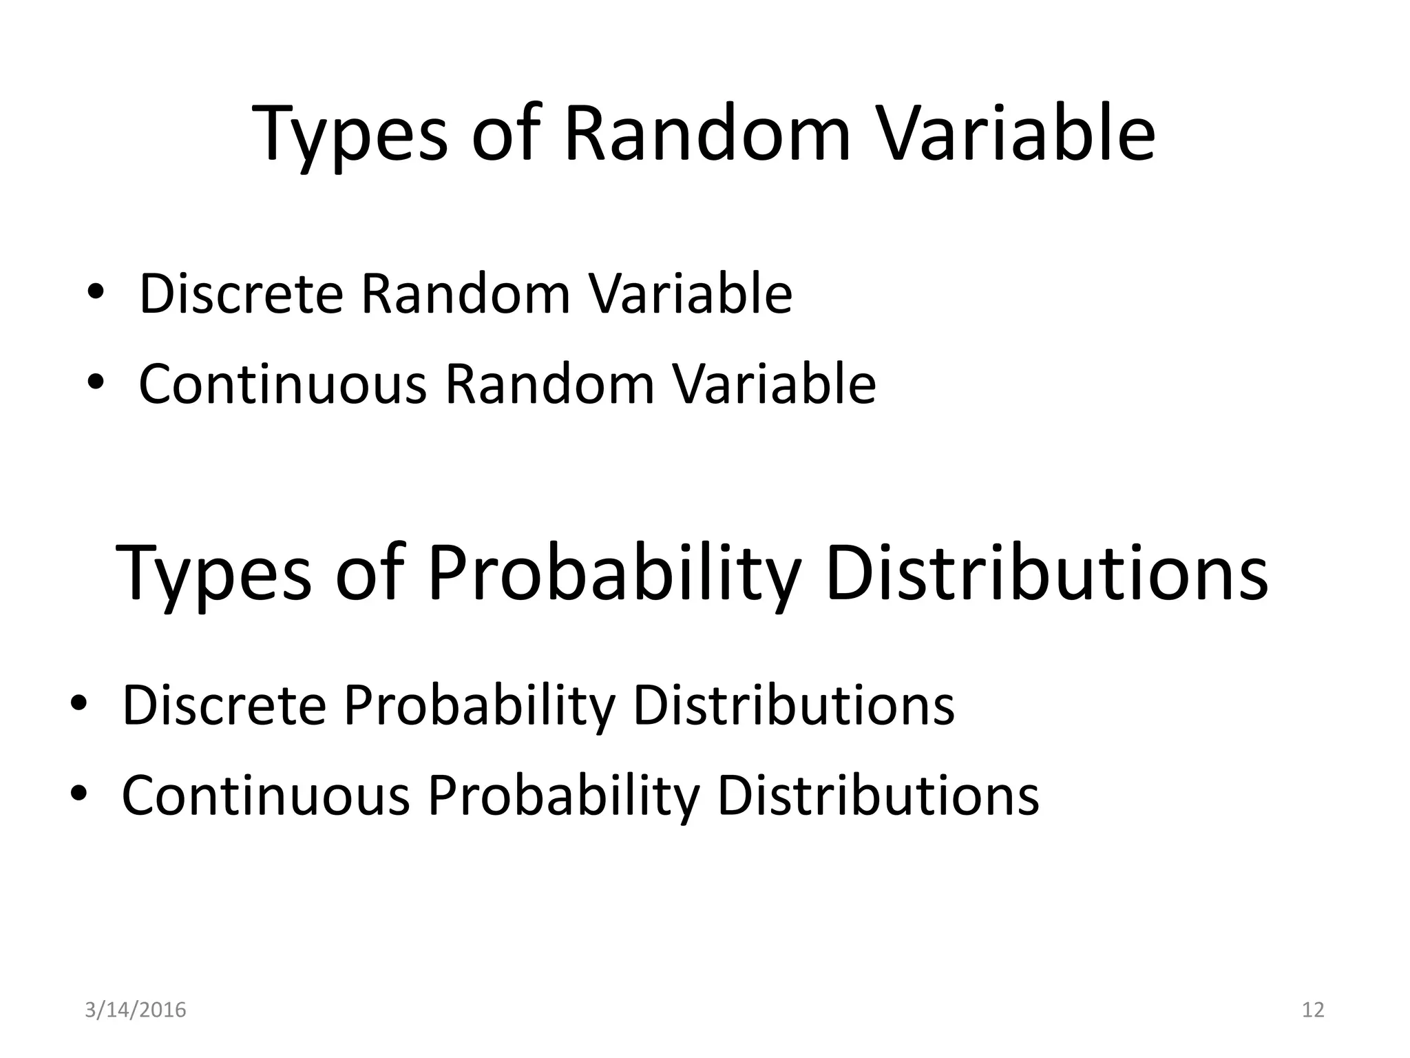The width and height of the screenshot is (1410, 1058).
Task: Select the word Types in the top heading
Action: [x=352, y=136]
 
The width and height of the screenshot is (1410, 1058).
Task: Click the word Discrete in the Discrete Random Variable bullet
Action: [x=241, y=294]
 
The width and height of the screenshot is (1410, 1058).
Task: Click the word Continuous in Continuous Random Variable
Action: [x=282, y=384]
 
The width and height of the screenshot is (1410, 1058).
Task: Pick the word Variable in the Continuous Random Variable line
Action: [x=774, y=384]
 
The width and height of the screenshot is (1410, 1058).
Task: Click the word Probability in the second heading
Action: [x=614, y=574]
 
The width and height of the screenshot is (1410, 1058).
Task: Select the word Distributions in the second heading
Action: [x=1046, y=573]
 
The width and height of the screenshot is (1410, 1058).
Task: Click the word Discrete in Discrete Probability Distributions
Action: [x=224, y=705]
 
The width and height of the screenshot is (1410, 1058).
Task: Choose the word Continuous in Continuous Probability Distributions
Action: [x=266, y=796]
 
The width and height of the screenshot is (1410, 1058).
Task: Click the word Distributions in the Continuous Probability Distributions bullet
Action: [x=878, y=796]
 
